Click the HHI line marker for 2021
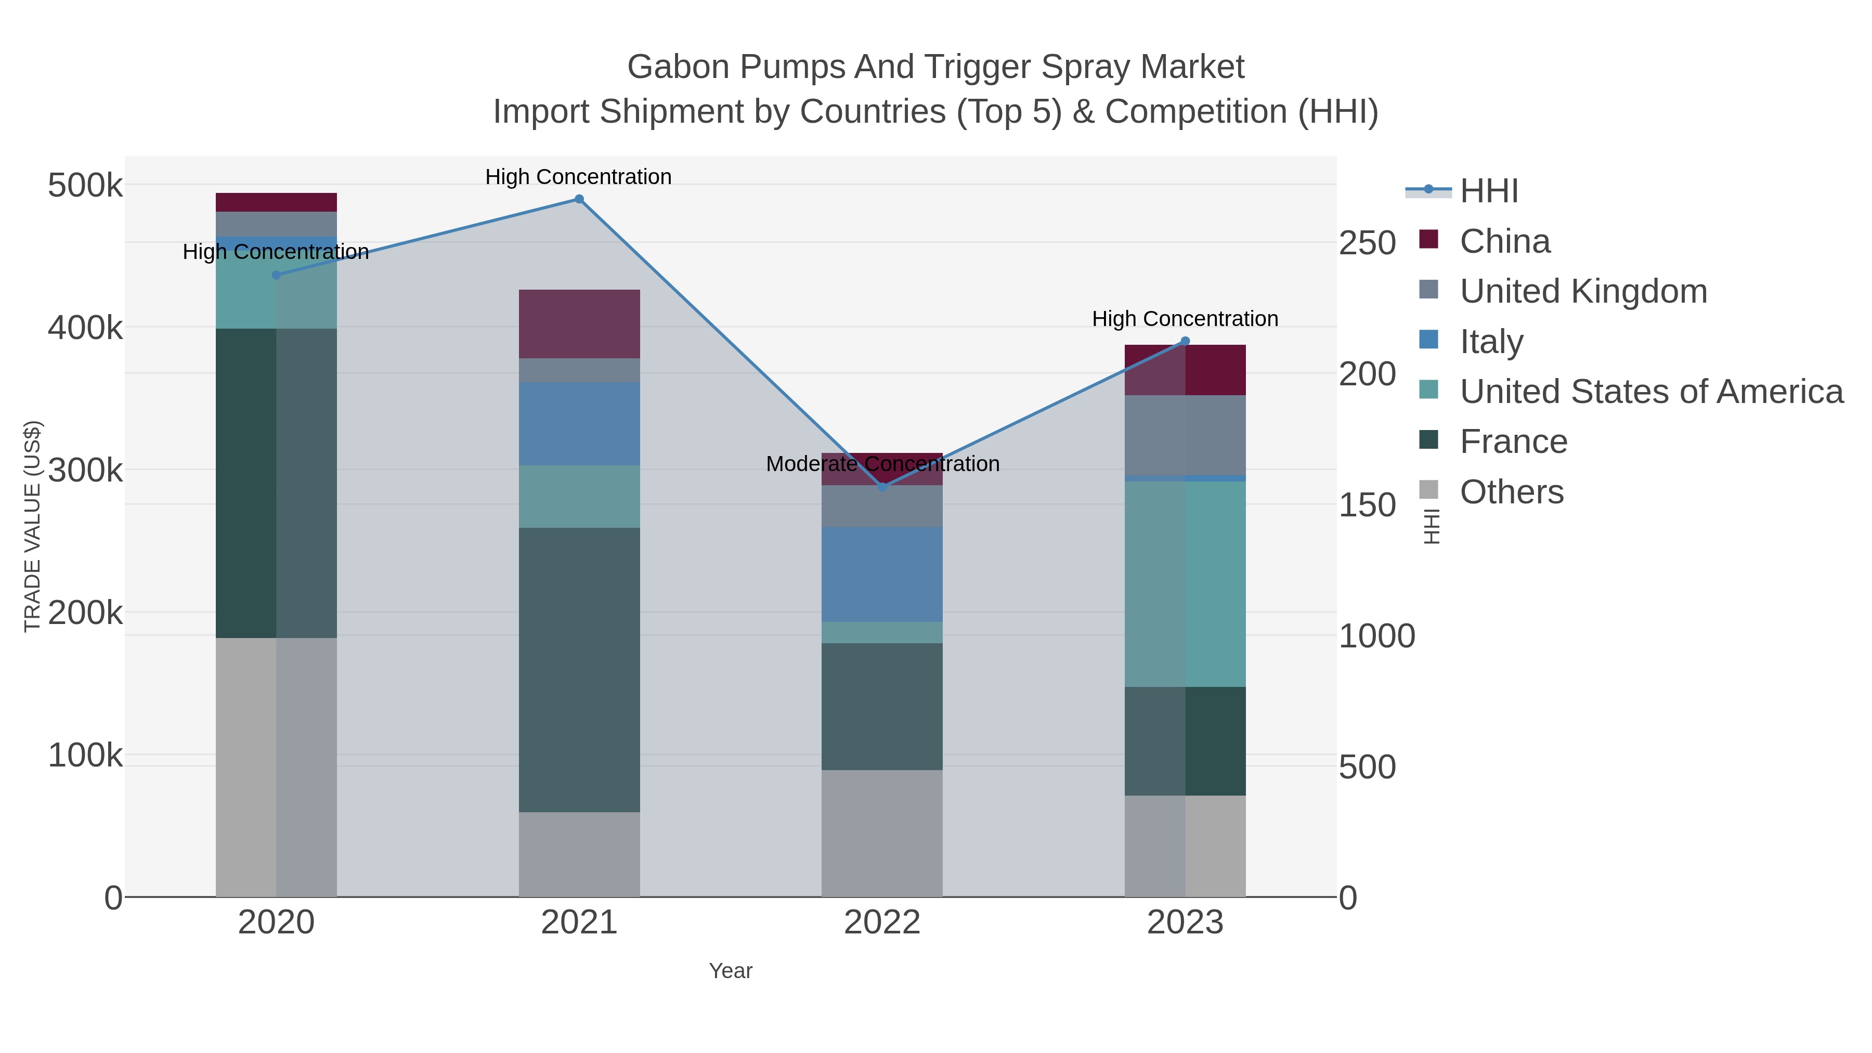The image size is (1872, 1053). pos(579,199)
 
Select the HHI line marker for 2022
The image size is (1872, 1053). pos(882,487)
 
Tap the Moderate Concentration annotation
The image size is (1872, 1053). pos(882,464)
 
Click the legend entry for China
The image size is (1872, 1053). pos(1504,241)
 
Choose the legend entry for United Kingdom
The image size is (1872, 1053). pos(1583,291)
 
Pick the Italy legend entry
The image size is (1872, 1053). pos(1491,342)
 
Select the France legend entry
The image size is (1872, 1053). pos(1513,442)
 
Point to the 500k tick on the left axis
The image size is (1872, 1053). pos(85,186)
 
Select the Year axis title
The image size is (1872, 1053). pos(731,971)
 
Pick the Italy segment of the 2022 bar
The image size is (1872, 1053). pos(882,574)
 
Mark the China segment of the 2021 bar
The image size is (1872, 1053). pos(579,323)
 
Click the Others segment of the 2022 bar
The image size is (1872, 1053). pos(882,833)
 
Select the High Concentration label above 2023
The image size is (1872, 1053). pos(1185,319)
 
